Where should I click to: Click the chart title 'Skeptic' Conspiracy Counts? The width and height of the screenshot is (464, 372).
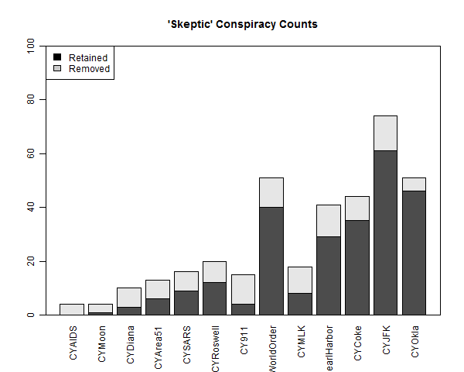pyautogui.click(x=242, y=24)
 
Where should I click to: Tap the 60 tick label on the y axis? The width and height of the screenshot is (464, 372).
pyautogui.click(x=31, y=154)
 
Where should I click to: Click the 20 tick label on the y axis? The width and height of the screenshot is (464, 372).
pyautogui.click(x=31, y=261)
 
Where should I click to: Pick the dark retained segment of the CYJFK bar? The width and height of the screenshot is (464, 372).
pyautogui.click(x=385, y=232)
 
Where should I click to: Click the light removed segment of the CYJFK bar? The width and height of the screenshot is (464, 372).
pyautogui.click(x=385, y=133)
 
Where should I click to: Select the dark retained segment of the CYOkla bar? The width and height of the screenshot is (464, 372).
pyautogui.click(x=414, y=253)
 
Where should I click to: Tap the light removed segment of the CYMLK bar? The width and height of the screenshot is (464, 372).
pyautogui.click(x=299, y=280)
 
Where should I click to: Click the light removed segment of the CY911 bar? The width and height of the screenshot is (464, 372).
pyautogui.click(x=242, y=289)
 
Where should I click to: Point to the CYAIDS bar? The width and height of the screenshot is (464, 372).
pyautogui.click(x=72, y=309)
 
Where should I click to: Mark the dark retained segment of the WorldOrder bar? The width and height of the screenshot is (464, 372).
pyautogui.click(x=271, y=260)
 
